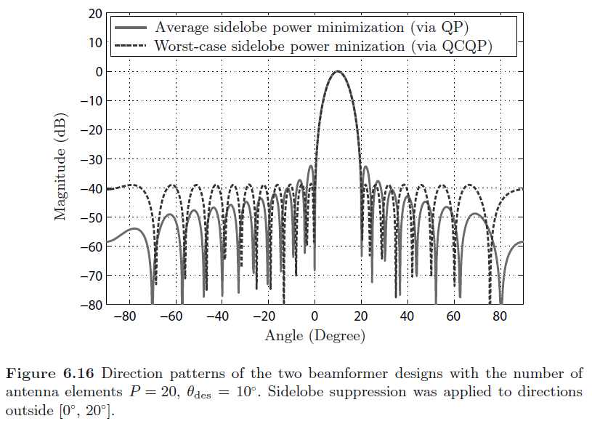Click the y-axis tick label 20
93,14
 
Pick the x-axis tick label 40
407,317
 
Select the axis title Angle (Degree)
315,336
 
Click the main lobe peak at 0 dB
337,71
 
